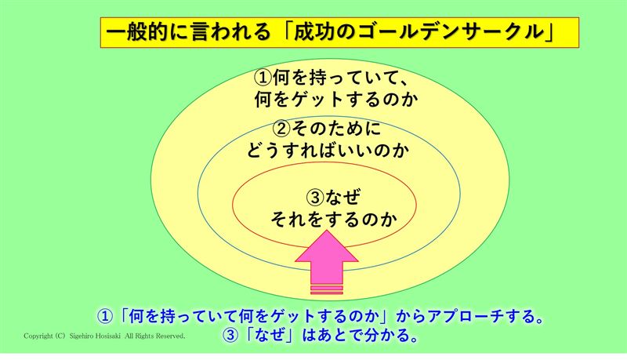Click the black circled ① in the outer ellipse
[263, 78]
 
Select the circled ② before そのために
[281, 128]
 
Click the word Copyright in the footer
[38, 336]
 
